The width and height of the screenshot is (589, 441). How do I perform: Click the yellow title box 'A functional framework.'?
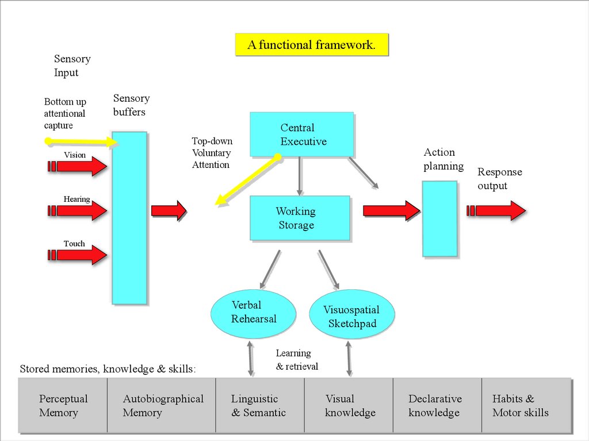(x=311, y=45)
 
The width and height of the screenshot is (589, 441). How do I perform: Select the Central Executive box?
(x=301, y=135)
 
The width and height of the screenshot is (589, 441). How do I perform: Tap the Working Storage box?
(x=300, y=218)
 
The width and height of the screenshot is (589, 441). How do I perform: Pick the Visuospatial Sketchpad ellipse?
(x=352, y=317)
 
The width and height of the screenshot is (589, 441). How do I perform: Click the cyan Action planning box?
(x=440, y=218)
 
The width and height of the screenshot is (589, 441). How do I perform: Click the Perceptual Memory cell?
(x=63, y=405)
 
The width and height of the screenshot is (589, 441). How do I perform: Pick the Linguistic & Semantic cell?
(x=259, y=405)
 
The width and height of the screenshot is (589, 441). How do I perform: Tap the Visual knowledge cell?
(x=349, y=405)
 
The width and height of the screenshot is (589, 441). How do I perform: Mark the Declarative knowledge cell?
(x=437, y=405)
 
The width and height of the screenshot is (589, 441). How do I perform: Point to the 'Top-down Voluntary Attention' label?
(x=212, y=153)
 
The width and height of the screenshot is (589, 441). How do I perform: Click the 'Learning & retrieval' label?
(x=296, y=360)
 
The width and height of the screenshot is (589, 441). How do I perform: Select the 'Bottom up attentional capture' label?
(x=65, y=113)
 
